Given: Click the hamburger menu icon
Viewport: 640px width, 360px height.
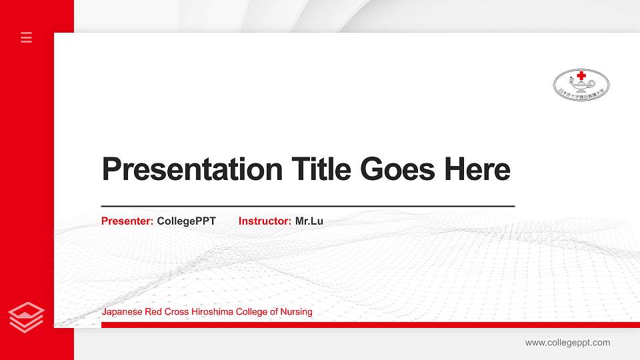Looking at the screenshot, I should click(x=27, y=37).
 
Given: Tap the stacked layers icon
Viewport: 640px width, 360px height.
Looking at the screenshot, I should click(x=27, y=318).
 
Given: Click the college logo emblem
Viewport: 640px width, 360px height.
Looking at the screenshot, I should click(x=581, y=85).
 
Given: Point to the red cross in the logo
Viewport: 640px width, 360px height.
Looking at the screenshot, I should click(x=581, y=75).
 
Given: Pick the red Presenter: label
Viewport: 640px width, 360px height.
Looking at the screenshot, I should click(x=127, y=221).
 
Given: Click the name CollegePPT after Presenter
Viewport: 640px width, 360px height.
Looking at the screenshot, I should click(x=187, y=221).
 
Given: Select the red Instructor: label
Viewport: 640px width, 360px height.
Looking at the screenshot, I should click(x=265, y=221).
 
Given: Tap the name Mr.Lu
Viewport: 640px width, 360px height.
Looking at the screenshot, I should click(x=309, y=221).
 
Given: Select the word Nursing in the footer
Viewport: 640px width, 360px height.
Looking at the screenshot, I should click(x=297, y=312).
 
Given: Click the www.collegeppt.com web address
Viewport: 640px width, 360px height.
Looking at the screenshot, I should click(x=567, y=343).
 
